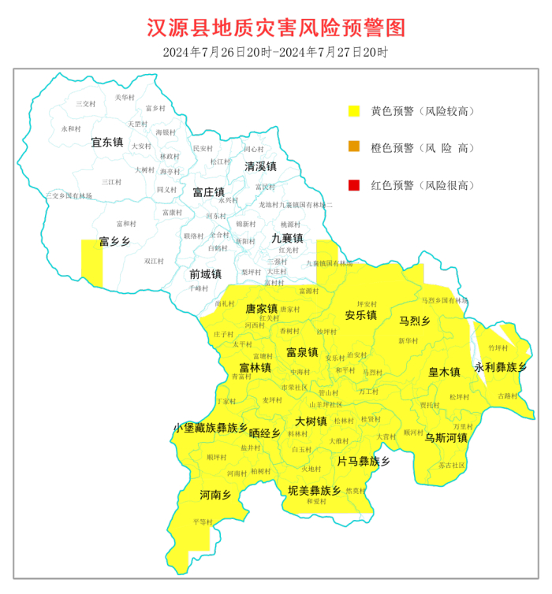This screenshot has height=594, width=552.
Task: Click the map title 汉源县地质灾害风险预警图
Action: coord(276,28)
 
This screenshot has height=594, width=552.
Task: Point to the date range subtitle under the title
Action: coord(275,53)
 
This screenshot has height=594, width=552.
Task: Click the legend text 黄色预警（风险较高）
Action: coord(423,111)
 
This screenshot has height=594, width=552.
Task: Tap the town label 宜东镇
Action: coord(107,143)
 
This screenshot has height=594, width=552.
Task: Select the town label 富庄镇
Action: coord(209,191)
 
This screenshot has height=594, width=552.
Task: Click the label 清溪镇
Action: coord(260,166)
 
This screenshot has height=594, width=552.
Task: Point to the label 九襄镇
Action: coord(287,237)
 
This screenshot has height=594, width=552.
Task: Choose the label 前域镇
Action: coord(205,273)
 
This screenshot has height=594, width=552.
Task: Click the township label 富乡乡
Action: coord(114,241)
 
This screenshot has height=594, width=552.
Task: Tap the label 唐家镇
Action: coord(262,308)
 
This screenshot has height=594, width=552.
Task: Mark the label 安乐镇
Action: coord(360,315)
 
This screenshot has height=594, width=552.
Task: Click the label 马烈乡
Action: coord(414,321)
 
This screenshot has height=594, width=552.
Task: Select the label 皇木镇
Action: coord(444,372)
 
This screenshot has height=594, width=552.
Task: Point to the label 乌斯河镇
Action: coord(446,437)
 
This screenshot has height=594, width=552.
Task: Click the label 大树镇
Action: coord(311,421)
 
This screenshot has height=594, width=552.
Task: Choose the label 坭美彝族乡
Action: coord(314,490)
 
